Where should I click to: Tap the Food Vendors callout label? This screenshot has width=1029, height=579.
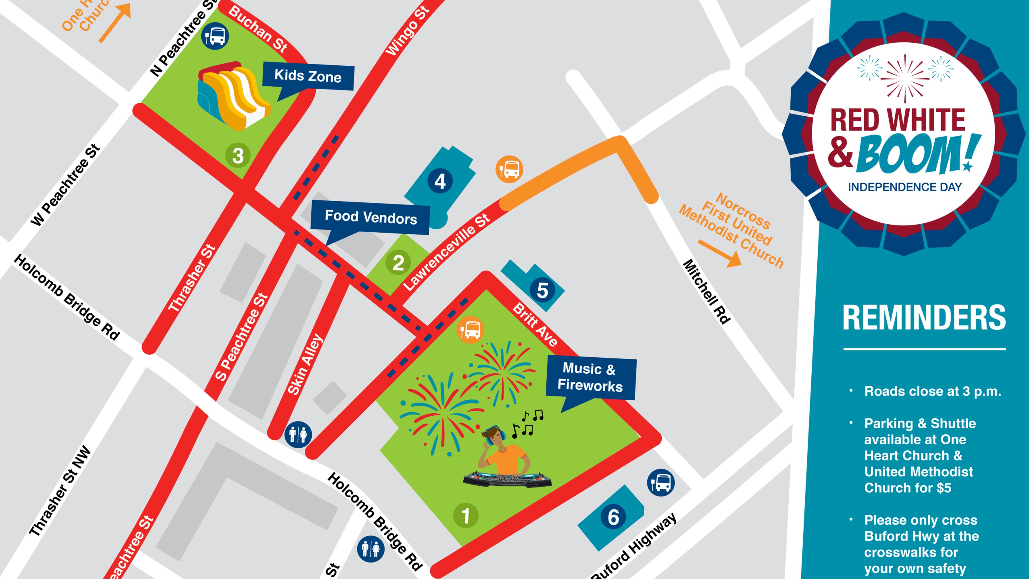coord(370,218)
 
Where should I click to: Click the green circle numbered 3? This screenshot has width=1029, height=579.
coord(238,155)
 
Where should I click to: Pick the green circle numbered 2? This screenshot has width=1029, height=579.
coord(398,263)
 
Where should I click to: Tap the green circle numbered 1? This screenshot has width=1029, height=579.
coord(465,516)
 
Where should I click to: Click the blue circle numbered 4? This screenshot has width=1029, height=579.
coord(440,181)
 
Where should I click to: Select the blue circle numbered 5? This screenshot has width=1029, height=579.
coord(542,291)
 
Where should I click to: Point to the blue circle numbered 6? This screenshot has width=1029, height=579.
coord(613,517)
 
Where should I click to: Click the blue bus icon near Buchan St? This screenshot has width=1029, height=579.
coord(216,36)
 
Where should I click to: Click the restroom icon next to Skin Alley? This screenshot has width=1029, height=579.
coord(298,434)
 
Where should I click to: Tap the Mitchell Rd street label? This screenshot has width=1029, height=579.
coord(707,292)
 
